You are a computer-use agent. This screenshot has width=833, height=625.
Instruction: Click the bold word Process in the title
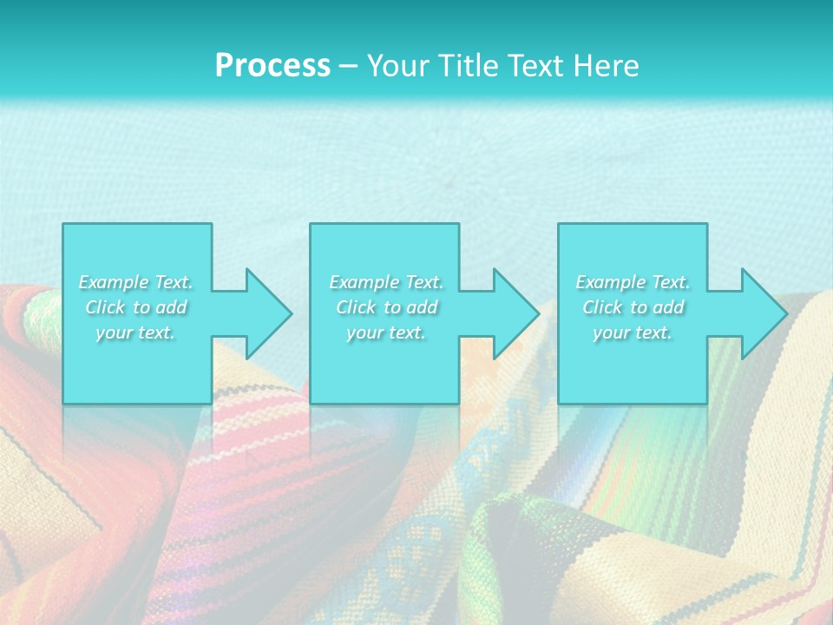coord(272,66)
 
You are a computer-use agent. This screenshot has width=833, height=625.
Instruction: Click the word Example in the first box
coord(114,282)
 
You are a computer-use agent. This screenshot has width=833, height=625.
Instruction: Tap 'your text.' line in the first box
coord(135,332)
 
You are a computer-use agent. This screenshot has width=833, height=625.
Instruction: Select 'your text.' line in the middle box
coord(385,332)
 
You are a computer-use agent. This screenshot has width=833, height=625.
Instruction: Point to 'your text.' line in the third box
coord(633,332)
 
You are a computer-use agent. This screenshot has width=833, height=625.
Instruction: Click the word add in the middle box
coord(422,307)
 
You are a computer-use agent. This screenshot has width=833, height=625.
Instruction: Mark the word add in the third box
coord(668,307)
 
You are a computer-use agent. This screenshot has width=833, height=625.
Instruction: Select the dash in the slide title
coord(348,66)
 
